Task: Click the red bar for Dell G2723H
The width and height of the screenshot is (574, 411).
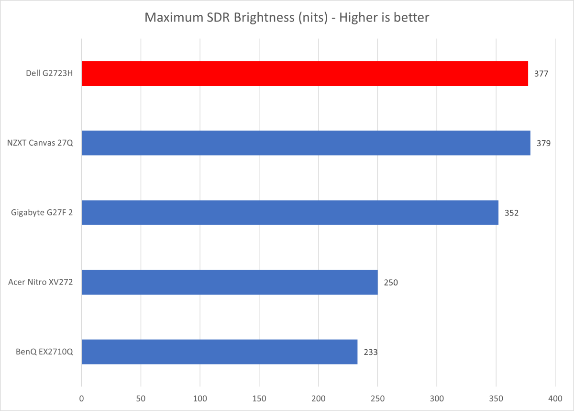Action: pos(305,73)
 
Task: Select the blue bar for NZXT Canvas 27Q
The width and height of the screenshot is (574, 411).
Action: pos(306,143)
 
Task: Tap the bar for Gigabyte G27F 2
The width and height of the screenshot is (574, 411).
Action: pos(290,212)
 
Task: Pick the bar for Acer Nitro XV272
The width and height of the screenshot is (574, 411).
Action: pos(230,282)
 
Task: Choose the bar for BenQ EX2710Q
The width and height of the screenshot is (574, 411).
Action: pos(220,352)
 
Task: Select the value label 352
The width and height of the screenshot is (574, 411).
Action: pos(511,213)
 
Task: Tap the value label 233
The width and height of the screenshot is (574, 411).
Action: pos(370,352)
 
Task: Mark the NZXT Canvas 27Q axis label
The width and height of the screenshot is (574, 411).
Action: pos(40,143)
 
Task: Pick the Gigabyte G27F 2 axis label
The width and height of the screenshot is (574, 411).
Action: pos(42,213)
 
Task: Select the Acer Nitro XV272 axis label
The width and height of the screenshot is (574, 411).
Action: pos(41,282)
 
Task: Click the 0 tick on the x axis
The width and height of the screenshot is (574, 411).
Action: pos(82,398)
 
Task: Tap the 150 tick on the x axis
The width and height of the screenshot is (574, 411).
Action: pos(259,398)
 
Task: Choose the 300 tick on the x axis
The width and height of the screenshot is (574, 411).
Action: pos(437,398)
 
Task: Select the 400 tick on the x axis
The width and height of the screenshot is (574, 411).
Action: pos(555,398)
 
